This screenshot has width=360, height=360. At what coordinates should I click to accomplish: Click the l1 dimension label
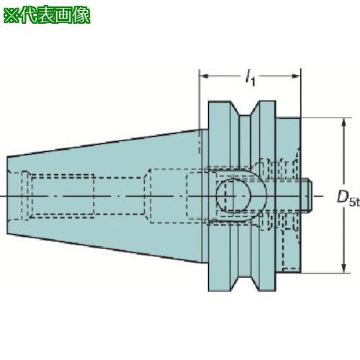coord(250,78)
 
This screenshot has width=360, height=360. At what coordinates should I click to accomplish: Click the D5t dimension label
coord(348,198)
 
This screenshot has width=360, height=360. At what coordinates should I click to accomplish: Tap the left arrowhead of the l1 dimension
coord(204,76)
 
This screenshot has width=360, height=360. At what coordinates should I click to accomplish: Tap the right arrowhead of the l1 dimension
coord(296,76)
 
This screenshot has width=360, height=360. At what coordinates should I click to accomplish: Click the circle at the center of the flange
coord(233,195)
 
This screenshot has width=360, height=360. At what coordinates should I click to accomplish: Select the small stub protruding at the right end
coord(306,196)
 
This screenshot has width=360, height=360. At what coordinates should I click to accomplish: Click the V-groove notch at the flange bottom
coord(245,283)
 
